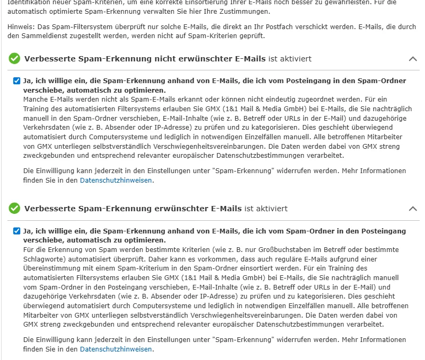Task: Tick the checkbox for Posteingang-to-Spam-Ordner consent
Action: pyautogui.click(x=16, y=81)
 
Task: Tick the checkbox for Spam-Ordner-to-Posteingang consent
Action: pyautogui.click(x=16, y=231)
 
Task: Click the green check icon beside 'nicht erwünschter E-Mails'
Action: pyautogui.click(x=14, y=59)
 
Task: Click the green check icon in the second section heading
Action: pyautogui.click(x=14, y=209)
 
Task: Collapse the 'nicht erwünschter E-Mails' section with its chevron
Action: pyautogui.click(x=413, y=59)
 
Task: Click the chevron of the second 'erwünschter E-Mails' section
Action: pyautogui.click(x=413, y=209)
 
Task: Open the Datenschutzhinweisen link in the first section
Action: pyautogui.click(x=116, y=181)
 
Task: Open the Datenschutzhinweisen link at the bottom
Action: pyautogui.click(x=116, y=349)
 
